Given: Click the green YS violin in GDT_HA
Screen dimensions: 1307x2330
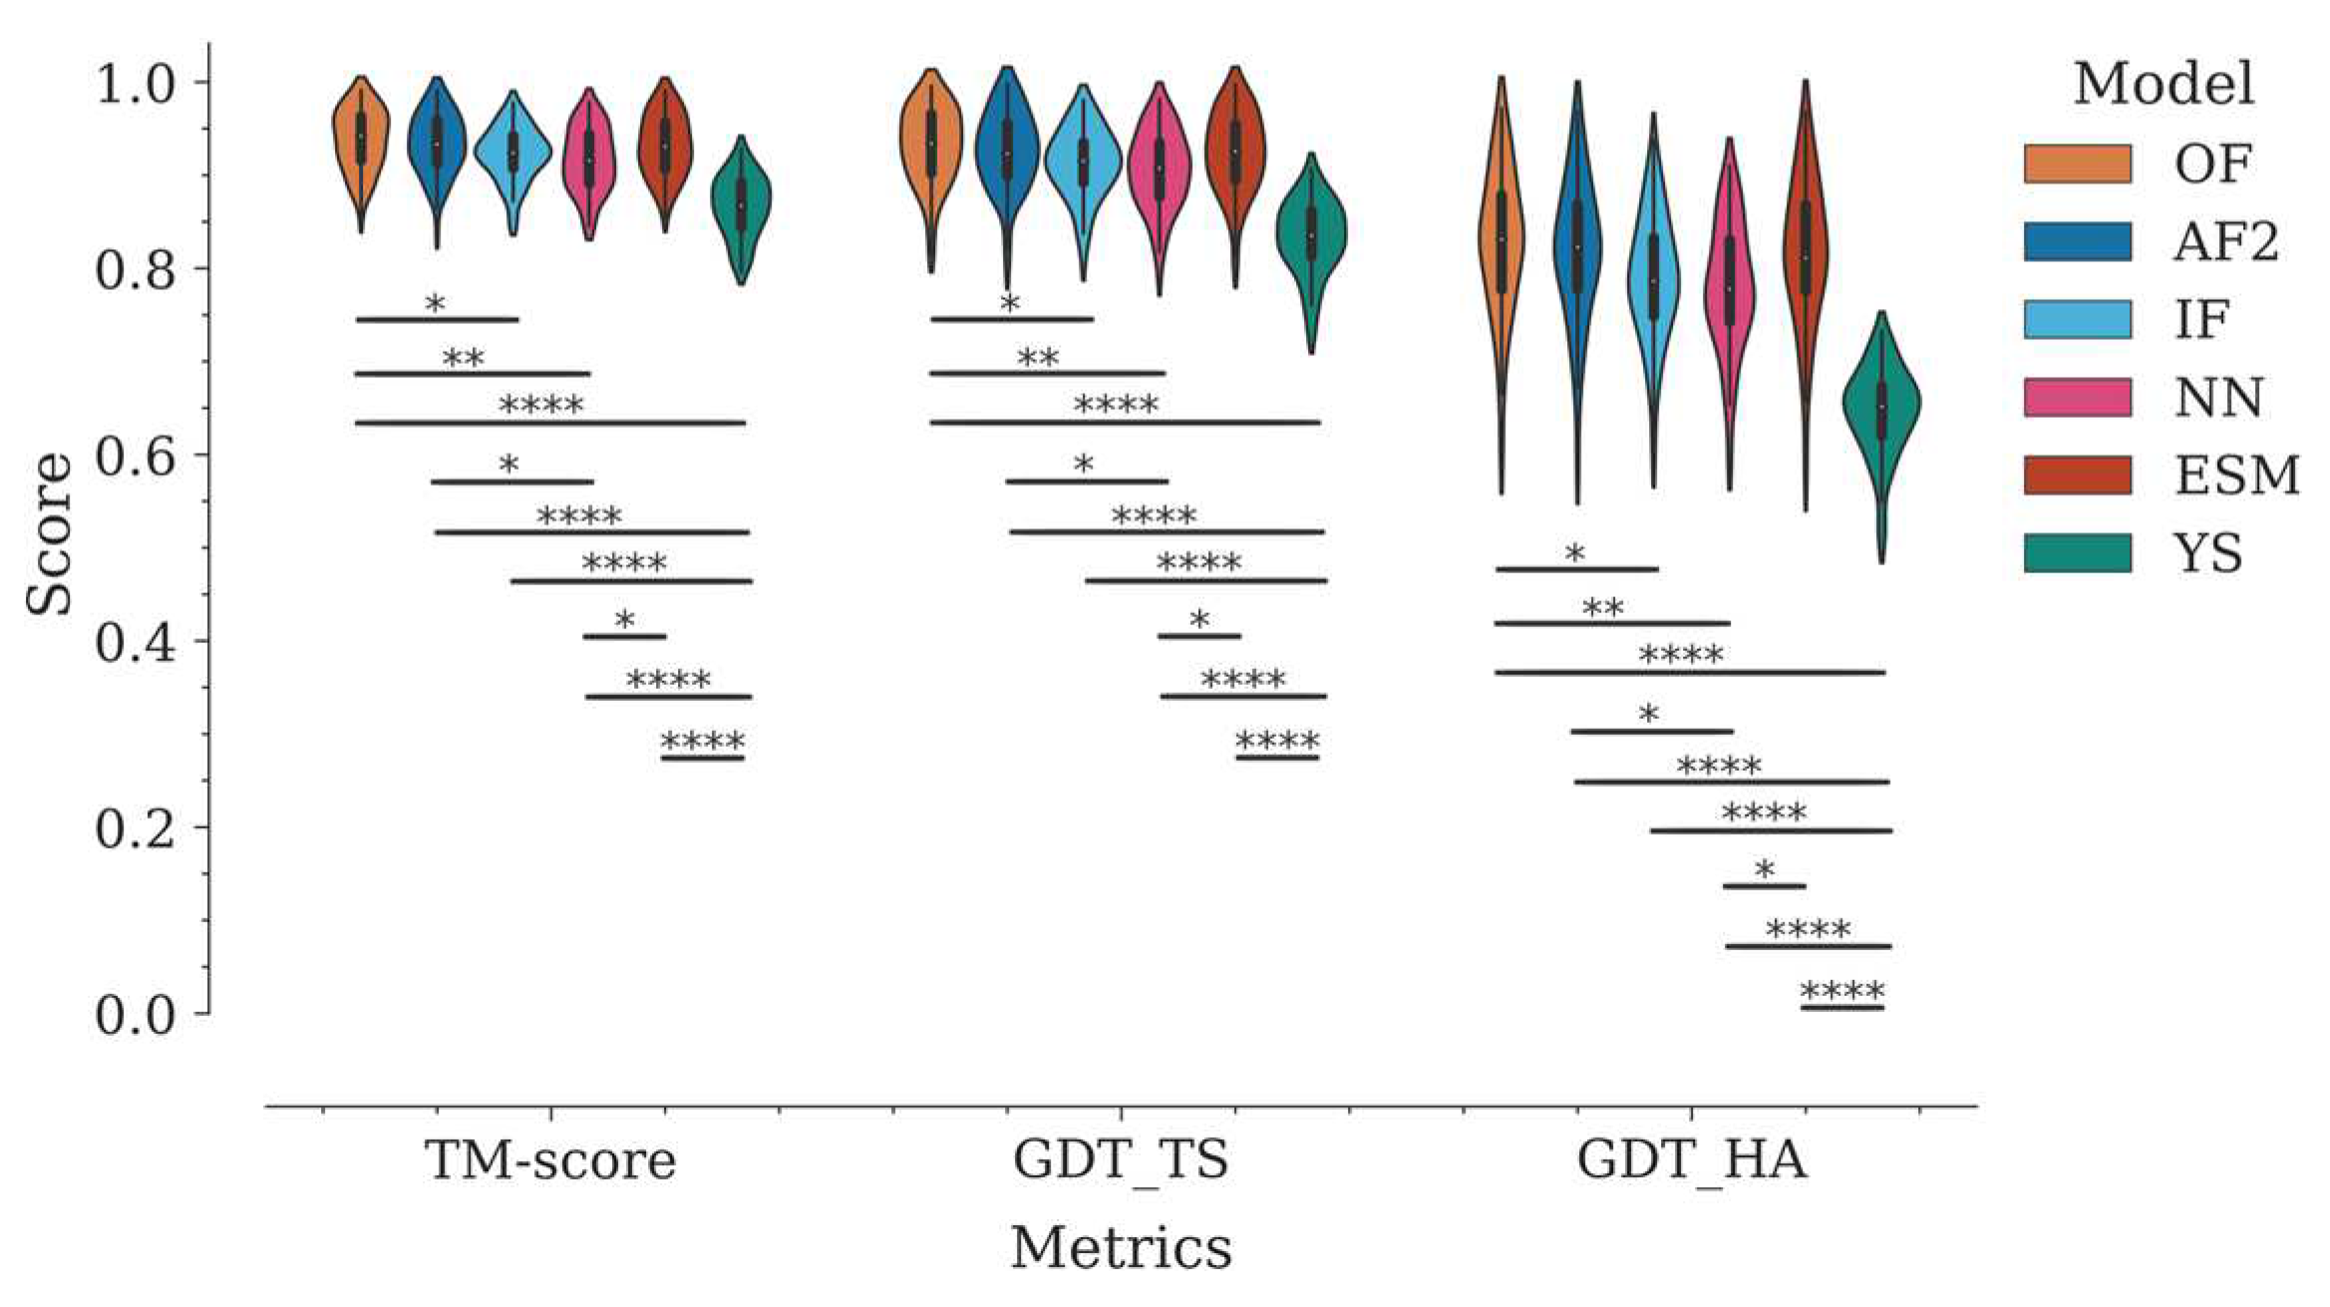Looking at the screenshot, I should click(x=1881, y=409).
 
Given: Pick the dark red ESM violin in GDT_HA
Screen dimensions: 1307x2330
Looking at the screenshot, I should click(x=1806, y=249).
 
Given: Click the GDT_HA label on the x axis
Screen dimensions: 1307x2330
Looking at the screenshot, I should click(x=1691, y=1160).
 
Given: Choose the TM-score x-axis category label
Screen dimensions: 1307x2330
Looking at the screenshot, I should click(x=550, y=1160).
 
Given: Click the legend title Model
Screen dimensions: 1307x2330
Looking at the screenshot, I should click(x=2164, y=84).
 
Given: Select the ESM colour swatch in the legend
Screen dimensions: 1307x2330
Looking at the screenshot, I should click(x=2078, y=476).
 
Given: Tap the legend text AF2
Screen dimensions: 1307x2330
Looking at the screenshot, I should click(x=2225, y=241).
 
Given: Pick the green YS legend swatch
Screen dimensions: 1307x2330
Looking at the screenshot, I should click(x=2078, y=553).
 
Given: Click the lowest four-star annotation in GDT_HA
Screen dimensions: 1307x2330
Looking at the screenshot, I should click(x=1842, y=992).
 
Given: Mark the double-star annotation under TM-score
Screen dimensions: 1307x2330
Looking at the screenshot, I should click(x=464, y=359).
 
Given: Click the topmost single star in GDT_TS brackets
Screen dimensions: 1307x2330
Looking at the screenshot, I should click(x=1010, y=304).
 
